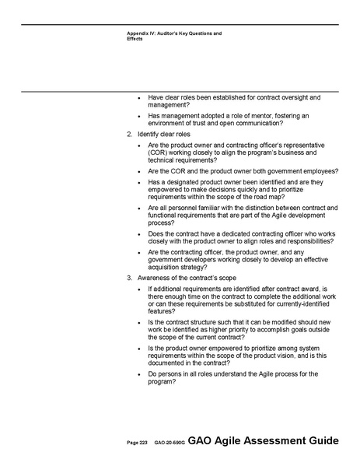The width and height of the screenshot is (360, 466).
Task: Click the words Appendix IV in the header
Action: coord(142,33)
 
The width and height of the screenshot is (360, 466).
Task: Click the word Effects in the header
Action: coord(135,39)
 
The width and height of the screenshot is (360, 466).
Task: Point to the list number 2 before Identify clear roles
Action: coord(129,135)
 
